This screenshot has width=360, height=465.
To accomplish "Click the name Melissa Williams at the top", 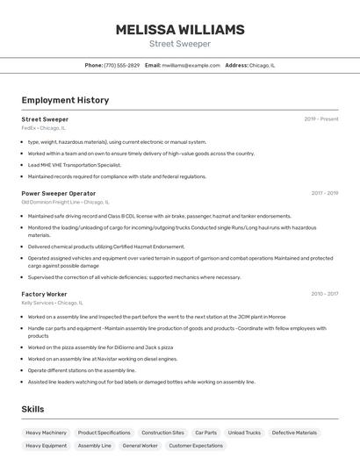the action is point(180,30).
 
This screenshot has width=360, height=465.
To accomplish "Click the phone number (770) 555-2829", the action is point(121,65).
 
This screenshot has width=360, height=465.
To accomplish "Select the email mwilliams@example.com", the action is point(191,65).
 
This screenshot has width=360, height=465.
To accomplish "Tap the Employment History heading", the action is point(65,100).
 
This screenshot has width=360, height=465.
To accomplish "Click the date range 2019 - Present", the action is point(320,119).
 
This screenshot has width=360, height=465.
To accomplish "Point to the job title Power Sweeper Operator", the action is point(59,193).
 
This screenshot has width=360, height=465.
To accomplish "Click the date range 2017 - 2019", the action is point(324,193).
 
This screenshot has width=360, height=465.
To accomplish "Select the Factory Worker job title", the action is point(45,294).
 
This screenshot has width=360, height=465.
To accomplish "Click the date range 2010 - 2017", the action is point(324,294).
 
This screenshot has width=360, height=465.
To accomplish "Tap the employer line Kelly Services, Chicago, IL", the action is point(52,303).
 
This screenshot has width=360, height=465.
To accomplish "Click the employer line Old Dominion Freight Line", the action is point(65,202).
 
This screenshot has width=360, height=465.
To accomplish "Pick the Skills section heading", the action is point(33,409).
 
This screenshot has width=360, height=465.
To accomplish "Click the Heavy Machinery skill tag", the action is point(46,433).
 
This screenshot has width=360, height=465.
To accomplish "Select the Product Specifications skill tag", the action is point(104,433).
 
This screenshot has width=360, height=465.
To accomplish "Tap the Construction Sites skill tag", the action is point(162,433).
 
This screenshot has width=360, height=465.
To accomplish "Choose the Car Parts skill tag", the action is point(205,433).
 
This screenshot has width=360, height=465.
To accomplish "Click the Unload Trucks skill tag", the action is point(244,433).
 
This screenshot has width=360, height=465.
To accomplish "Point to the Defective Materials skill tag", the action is point(294,433).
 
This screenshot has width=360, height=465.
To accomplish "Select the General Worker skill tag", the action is point(140,446).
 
